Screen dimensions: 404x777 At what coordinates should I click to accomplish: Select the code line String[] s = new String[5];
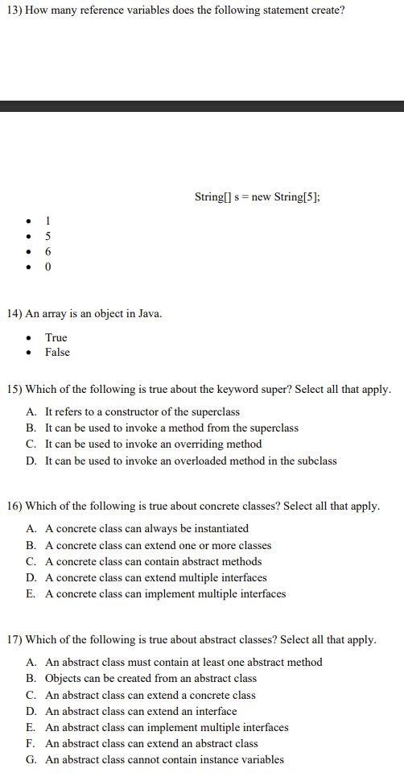(257, 196)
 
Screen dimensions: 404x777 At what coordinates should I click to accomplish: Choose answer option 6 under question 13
(48, 251)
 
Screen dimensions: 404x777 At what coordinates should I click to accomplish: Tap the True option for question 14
(56, 337)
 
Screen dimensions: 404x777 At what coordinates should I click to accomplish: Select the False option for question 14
(57, 352)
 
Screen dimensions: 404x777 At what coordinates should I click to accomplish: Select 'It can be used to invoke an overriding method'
(153, 444)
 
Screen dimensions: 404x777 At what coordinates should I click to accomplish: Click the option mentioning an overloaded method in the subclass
(191, 461)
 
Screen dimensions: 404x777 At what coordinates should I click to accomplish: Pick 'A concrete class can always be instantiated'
(146, 528)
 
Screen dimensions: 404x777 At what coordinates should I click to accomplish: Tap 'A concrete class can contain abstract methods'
(153, 561)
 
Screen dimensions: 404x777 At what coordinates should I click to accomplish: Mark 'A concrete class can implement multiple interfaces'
(165, 593)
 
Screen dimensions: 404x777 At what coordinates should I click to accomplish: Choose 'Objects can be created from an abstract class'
(150, 678)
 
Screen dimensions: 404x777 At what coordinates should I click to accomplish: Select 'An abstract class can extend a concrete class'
(150, 695)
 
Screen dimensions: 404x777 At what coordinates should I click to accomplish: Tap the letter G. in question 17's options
(31, 759)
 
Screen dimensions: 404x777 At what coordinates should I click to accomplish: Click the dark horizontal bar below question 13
(202, 106)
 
